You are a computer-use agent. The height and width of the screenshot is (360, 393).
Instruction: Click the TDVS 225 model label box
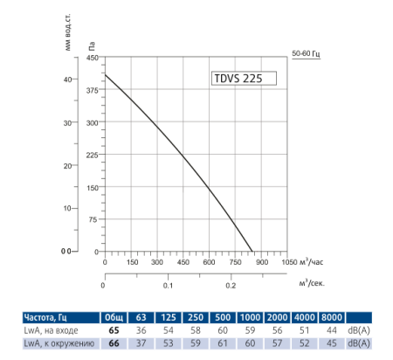[244, 78]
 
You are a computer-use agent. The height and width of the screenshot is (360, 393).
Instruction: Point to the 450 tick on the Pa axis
[93, 58]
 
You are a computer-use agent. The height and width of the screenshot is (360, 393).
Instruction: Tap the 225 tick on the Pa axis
[93, 155]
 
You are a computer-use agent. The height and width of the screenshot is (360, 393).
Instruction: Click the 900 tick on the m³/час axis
[261, 261]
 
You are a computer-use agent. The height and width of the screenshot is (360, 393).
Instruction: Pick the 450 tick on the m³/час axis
[183, 261]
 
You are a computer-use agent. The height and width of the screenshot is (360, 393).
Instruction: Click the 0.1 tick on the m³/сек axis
[168, 285]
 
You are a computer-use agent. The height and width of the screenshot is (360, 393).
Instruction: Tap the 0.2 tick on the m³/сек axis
[231, 285]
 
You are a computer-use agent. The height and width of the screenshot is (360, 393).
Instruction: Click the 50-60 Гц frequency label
[306, 54]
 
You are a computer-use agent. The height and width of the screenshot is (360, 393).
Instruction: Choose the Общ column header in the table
[114, 317]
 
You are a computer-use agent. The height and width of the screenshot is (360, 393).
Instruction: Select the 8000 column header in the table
[332, 317]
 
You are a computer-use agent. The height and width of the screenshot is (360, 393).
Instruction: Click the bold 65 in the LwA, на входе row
[114, 330]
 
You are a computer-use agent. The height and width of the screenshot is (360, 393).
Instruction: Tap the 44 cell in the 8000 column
[332, 330]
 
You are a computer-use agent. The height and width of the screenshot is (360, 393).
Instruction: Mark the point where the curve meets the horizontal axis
[252, 252]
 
